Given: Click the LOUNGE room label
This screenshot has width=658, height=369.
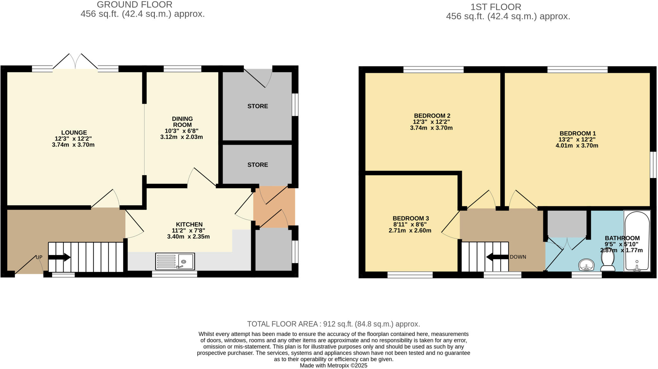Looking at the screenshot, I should click(x=74, y=133).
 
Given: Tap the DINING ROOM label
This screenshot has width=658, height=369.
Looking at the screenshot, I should click(x=182, y=122).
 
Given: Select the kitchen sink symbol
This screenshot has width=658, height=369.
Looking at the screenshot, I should click(x=175, y=261).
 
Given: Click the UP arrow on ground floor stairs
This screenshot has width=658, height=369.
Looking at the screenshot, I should click(x=59, y=257).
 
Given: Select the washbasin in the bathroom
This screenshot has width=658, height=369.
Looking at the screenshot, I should click(x=586, y=265).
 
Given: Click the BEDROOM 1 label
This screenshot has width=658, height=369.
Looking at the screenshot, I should click(x=577, y=133).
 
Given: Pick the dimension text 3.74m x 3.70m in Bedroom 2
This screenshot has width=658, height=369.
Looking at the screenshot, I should click(x=431, y=128).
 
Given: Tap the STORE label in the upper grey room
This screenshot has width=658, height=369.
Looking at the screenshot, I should click(x=258, y=106).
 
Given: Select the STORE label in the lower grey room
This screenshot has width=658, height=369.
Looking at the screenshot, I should click(x=258, y=165).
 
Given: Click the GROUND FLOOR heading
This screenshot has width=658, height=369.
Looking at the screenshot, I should click(x=135, y=5).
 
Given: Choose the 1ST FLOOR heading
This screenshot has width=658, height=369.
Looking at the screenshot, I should click(x=495, y=7).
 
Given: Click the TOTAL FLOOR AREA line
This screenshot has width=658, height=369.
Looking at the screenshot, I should click(x=333, y=324).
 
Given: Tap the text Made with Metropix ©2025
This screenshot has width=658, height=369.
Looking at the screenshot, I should click(x=333, y=365).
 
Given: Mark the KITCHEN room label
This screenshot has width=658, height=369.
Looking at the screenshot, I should click(x=189, y=225).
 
